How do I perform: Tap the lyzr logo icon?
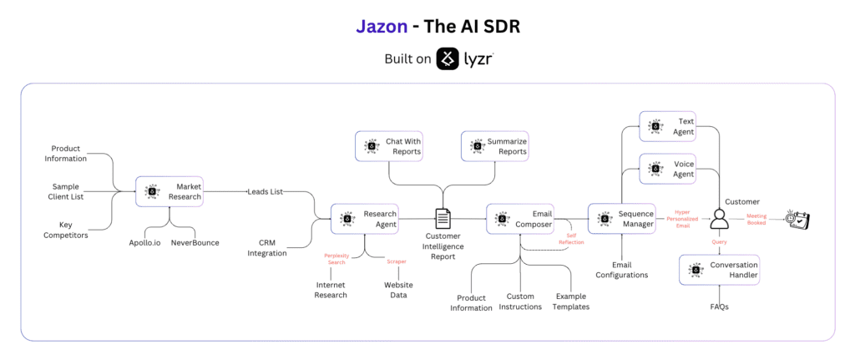[449, 59]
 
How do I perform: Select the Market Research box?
[169, 191]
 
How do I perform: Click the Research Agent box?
[364, 219]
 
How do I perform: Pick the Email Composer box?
[519, 219]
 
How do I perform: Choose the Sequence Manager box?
[621, 219]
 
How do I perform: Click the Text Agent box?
[667, 127]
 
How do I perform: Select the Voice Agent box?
[667, 169]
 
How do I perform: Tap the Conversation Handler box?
[719, 270]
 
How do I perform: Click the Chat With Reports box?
[388, 146]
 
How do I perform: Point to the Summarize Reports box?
[495, 146]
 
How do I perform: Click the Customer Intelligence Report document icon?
[443, 219]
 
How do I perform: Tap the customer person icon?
[717, 220]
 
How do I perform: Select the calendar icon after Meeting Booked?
[799, 219]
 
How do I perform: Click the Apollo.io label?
[145, 242]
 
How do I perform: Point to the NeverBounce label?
[195, 242]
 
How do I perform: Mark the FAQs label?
[720, 307]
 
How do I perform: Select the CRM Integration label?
[266, 247]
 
